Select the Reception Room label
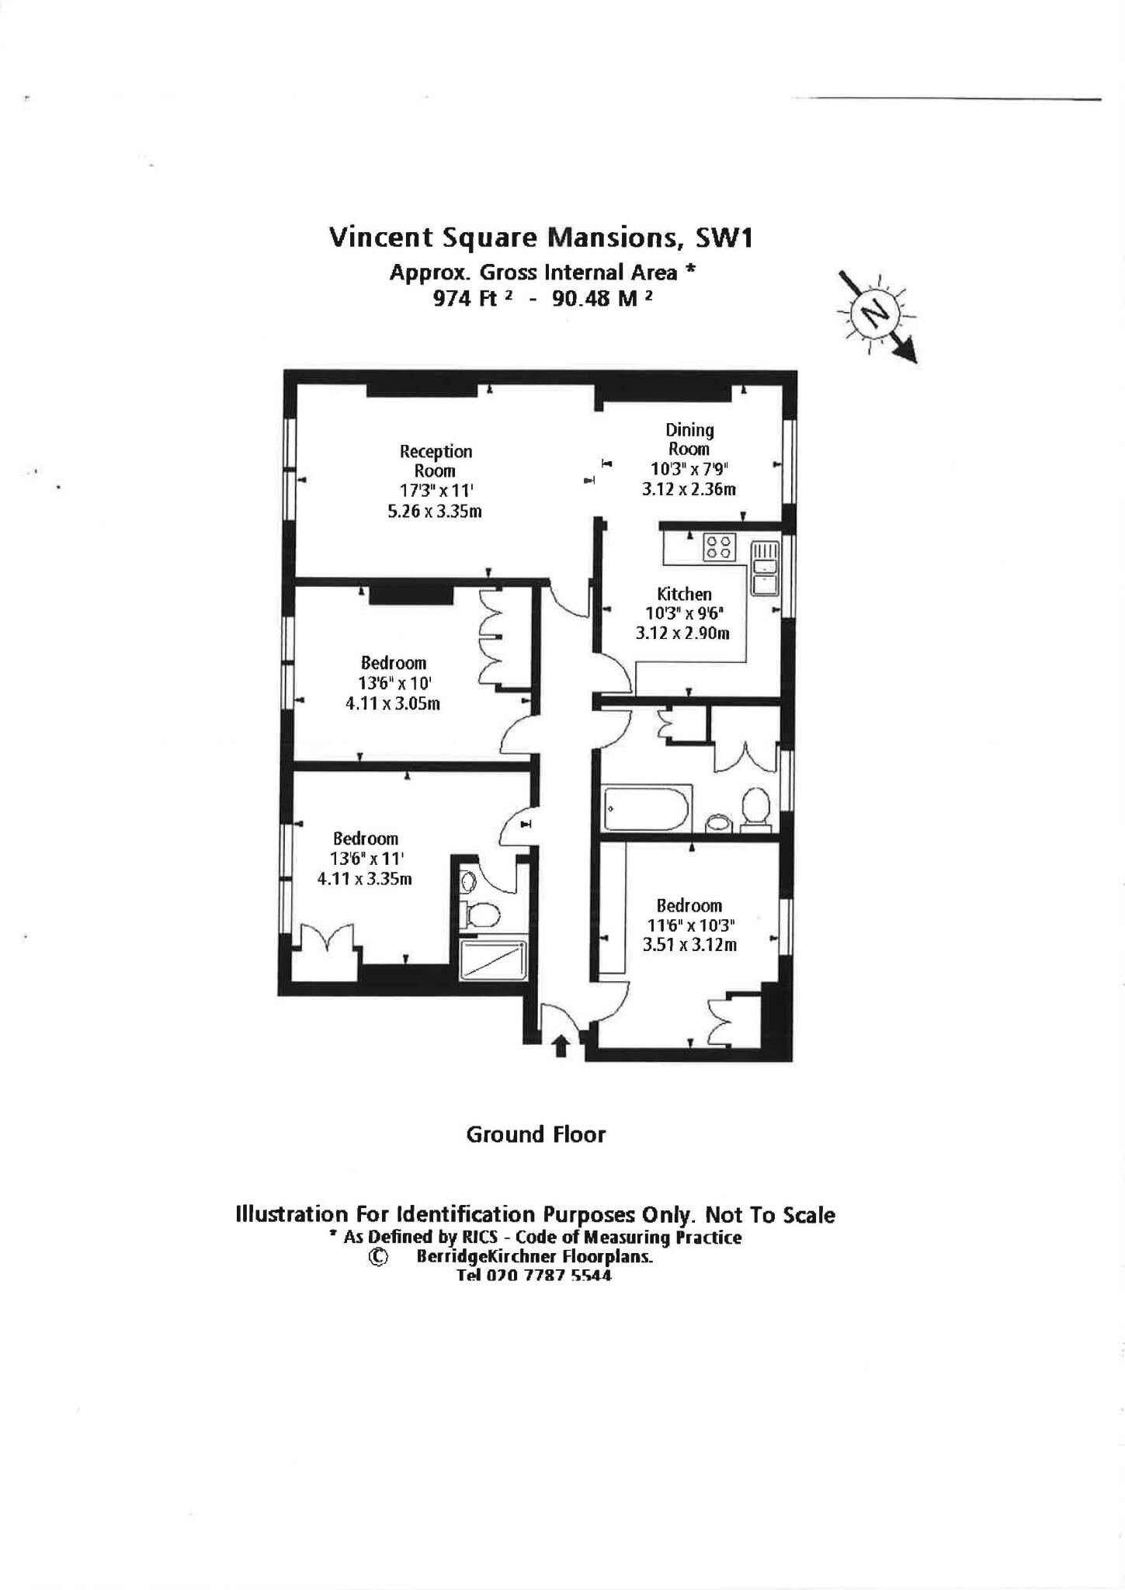pos(436,460)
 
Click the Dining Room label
pos(689,439)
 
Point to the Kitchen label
pos(684,594)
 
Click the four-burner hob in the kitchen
pos(718,547)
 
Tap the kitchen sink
pos(765,568)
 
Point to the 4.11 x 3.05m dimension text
pos(393,704)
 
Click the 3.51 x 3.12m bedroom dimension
pos(689,945)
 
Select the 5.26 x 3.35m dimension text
pos(435,512)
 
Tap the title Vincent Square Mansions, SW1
pos(541,238)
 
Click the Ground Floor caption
pos(536,1134)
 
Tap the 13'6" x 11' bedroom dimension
pos(365,859)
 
